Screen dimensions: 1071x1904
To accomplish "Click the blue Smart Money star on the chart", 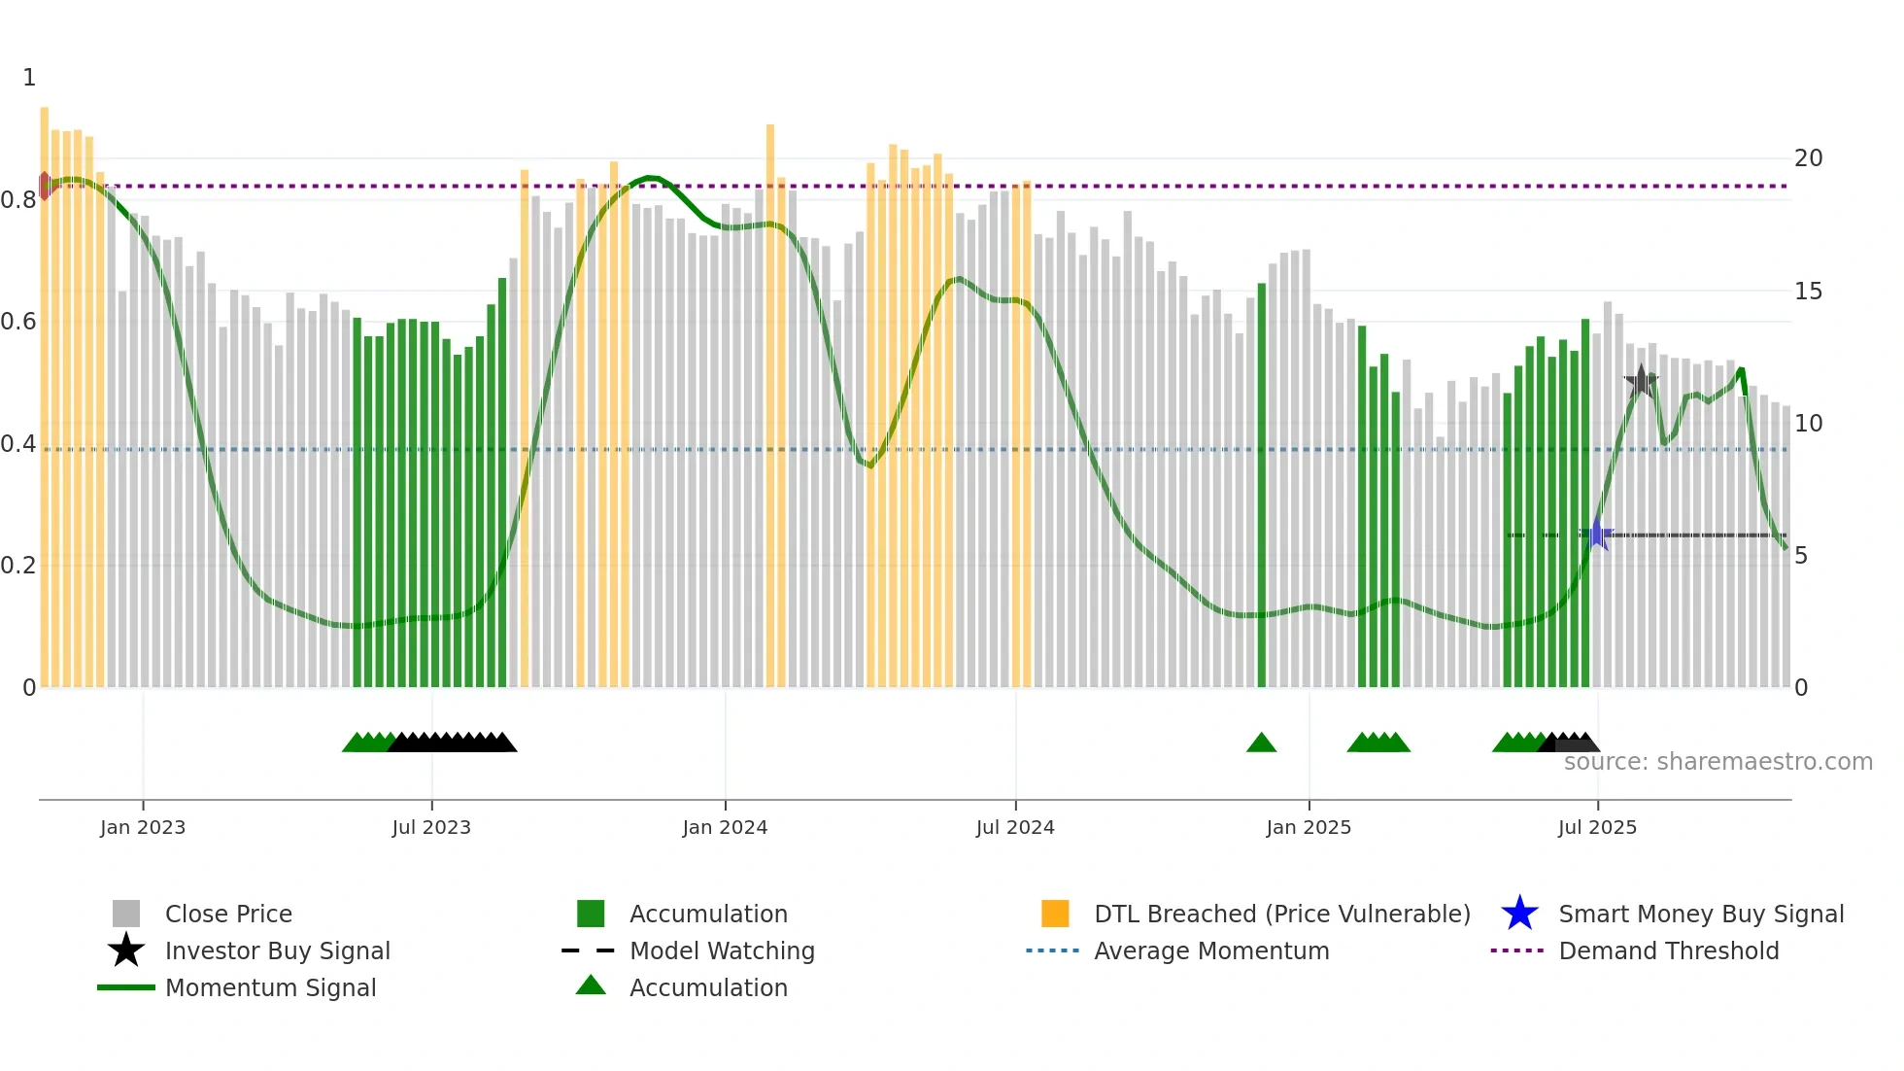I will click(1596, 534).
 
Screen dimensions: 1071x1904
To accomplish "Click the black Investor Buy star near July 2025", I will click(1641, 382).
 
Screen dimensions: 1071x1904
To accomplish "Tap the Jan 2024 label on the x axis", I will click(725, 827).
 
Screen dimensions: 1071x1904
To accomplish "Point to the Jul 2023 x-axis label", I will click(431, 827).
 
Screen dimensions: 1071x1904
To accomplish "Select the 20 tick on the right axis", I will click(1808, 158).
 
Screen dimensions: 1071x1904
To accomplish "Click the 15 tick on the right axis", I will click(1808, 292).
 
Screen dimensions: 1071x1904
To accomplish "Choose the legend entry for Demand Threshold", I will click(1668, 950).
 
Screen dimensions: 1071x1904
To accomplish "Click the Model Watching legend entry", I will click(721, 950).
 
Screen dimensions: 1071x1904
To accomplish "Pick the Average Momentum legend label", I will click(1210, 950).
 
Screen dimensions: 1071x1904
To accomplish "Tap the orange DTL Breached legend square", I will click(1055, 914).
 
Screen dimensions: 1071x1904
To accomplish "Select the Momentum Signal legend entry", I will click(270, 987).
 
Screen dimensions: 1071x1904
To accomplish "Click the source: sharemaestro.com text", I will click(1717, 762).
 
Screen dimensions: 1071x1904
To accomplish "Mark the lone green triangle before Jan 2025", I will click(1261, 743).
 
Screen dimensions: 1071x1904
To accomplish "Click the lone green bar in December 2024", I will click(1261, 486).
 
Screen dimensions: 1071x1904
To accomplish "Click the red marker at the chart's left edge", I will click(45, 186).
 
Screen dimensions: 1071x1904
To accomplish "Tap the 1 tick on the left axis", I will click(29, 78).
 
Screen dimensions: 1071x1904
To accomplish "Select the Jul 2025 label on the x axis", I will click(1597, 827).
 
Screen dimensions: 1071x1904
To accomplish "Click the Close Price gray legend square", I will click(126, 914).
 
